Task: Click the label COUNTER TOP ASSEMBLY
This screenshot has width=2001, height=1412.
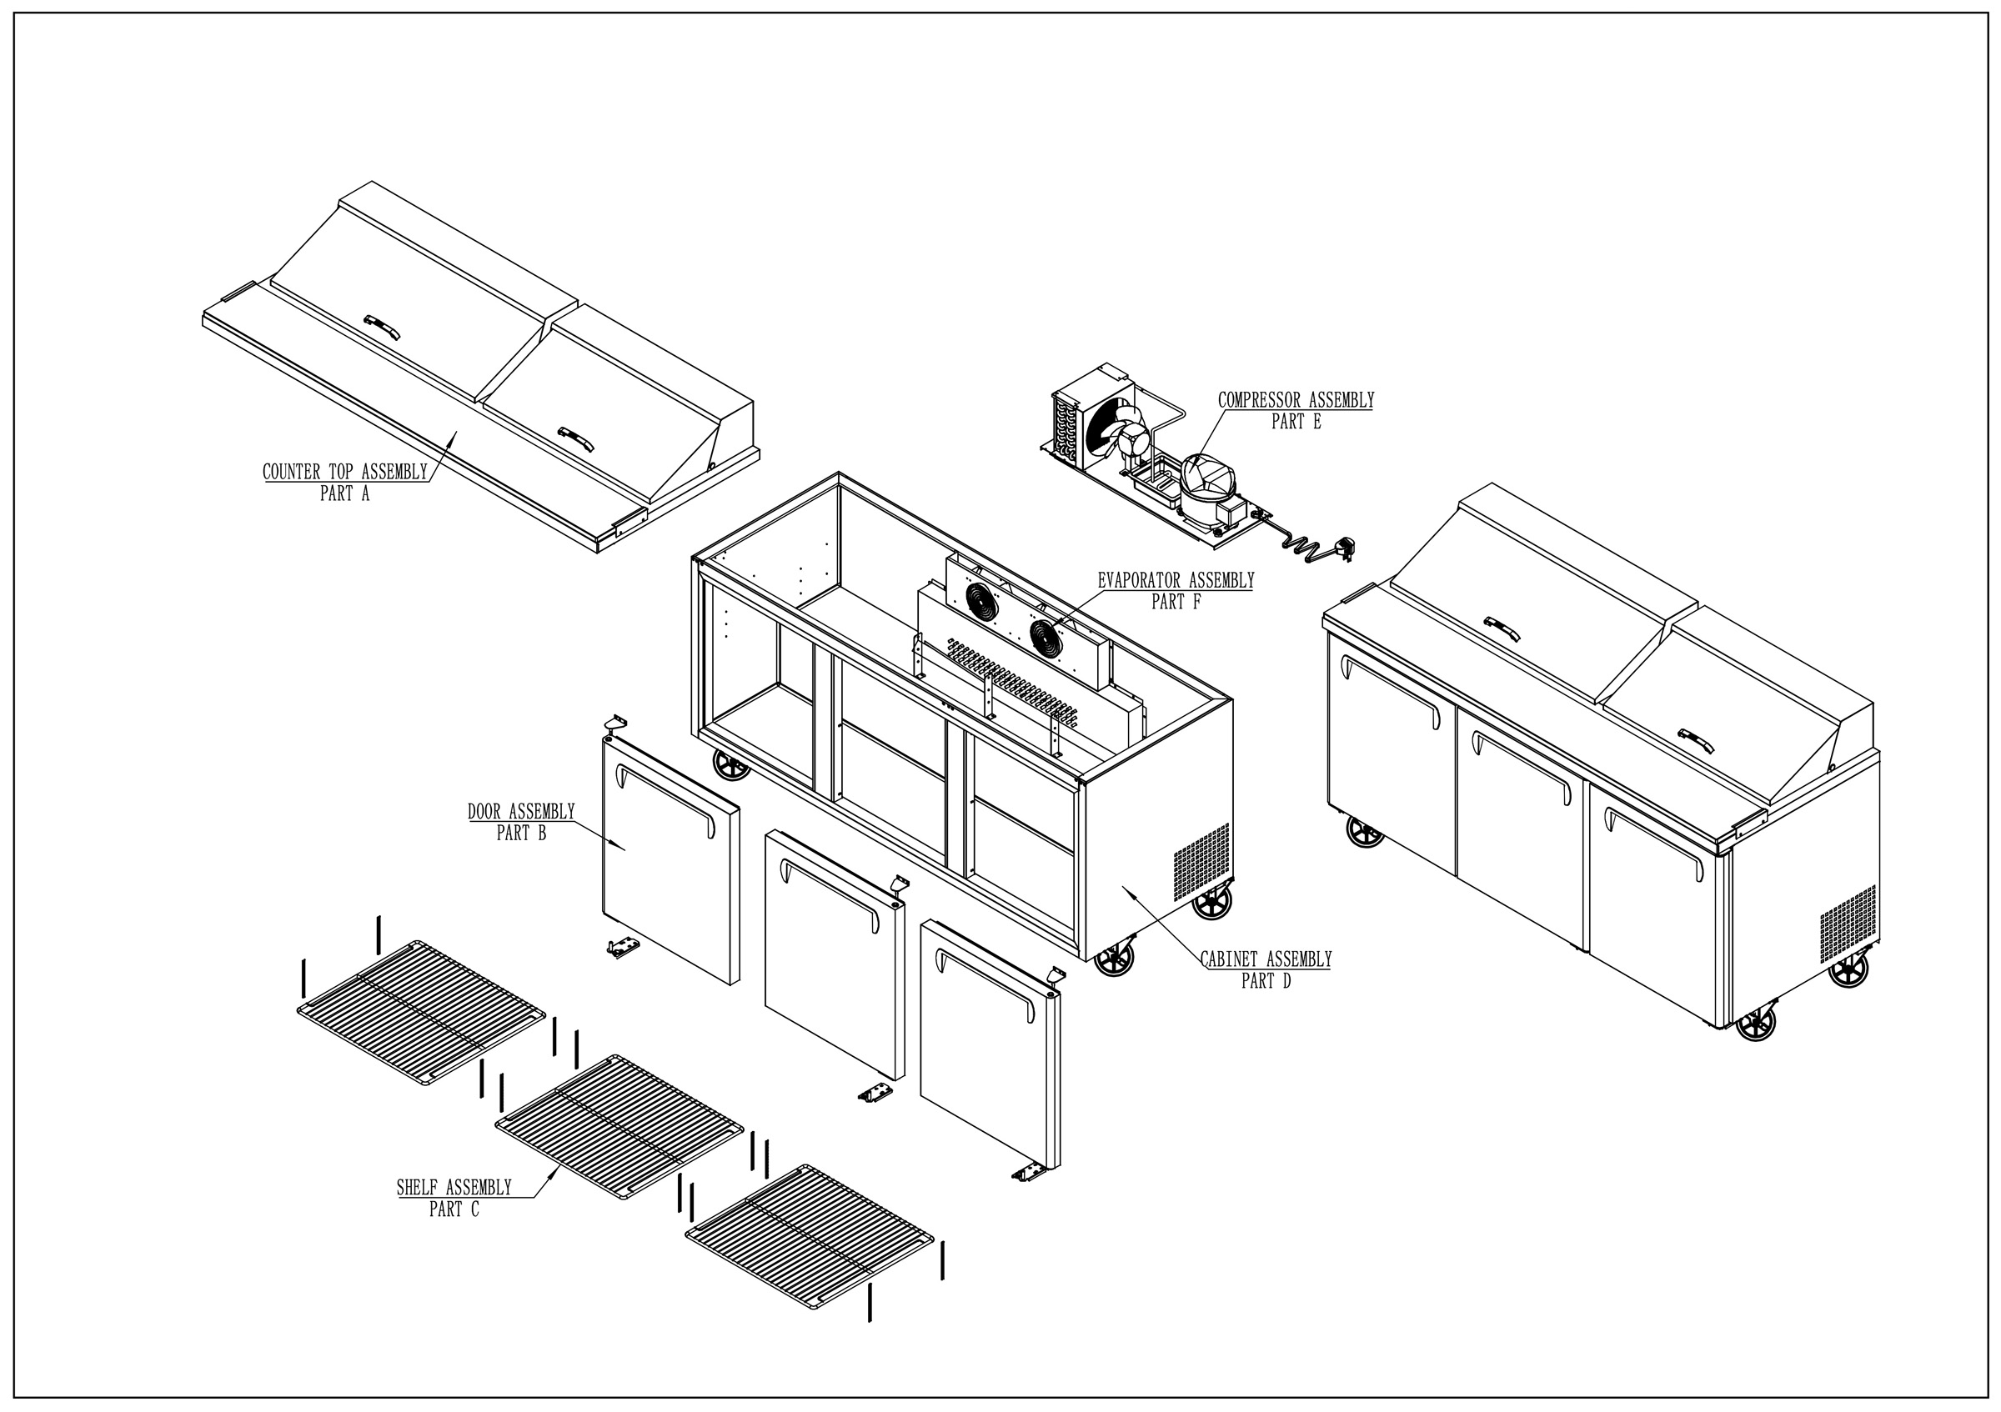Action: click(x=345, y=472)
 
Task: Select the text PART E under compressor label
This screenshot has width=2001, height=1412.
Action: click(x=1296, y=423)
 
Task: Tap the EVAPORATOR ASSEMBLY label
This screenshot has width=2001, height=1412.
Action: click(x=1176, y=580)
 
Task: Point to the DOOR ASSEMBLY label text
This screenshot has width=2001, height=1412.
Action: click(x=521, y=812)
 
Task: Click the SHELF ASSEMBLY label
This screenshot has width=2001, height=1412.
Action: click(x=454, y=1188)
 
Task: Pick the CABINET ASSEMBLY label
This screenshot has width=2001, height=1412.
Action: click(x=1266, y=960)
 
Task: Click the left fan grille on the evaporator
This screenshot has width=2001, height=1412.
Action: click(x=982, y=601)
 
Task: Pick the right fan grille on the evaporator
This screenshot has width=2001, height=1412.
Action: click(x=1046, y=638)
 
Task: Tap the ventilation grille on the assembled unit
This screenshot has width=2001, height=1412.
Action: click(x=1848, y=924)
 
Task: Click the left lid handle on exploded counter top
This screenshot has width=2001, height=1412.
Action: click(x=383, y=325)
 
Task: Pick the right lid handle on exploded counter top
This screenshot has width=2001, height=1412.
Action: click(x=576, y=438)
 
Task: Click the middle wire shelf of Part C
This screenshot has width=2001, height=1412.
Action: click(x=619, y=1126)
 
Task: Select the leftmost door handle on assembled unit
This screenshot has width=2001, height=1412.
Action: click(x=1391, y=688)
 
